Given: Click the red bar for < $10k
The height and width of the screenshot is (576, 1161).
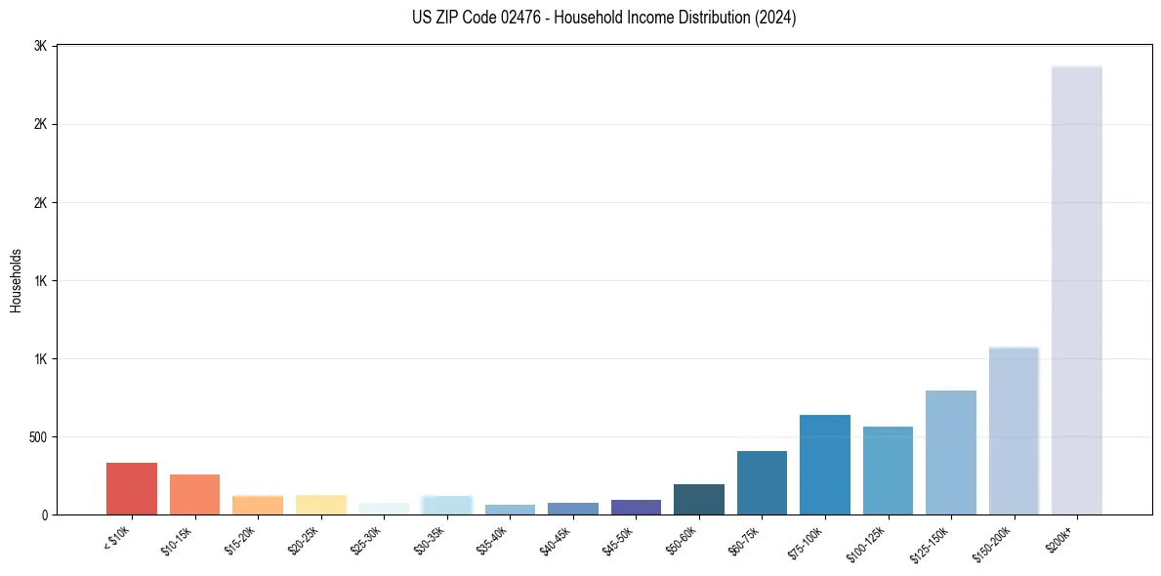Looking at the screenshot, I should click(132, 488).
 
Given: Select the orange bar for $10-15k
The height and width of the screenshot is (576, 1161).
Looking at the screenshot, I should click(194, 494).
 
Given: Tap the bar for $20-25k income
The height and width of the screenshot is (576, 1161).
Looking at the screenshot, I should click(320, 505).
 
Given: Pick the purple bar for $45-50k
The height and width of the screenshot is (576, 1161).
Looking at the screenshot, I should click(636, 507).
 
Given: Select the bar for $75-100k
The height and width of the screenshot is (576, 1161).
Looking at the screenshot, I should click(825, 465).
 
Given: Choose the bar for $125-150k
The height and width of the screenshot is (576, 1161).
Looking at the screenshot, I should click(951, 452).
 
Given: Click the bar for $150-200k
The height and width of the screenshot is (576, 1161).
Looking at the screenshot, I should click(1014, 431).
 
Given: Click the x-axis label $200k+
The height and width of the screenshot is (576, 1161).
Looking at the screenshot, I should click(1059, 537).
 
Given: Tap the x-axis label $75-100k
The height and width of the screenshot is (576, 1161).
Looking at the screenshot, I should click(809, 541).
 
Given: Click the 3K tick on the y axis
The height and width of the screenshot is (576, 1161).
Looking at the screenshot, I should click(40, 46).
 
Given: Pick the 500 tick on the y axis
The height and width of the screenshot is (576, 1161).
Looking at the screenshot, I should click(37, 436).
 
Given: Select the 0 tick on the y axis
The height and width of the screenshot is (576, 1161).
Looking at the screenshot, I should click(44, 514).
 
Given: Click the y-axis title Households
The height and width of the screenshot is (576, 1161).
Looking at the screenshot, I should click(16, 280).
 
